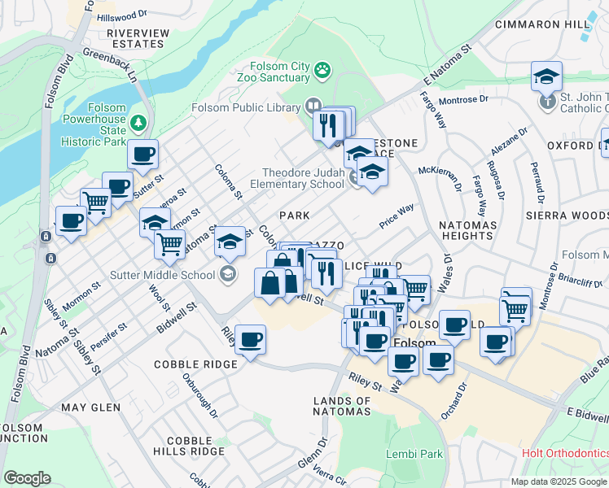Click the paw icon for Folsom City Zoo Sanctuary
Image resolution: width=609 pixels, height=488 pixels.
pyautogui.click(x=323, y=70)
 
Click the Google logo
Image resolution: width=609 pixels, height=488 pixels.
pyautogui.click(x=28, y=477)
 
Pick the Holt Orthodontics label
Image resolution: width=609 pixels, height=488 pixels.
pyautogui.click(x=565, y=453)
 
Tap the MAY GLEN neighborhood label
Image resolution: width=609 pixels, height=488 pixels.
pyautogui.click(x=90, y=407)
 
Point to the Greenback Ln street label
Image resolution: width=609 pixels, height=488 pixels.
pyautogui.click(x=107, y=67)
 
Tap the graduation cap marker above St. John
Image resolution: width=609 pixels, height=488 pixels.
pyautogui.click(x=546, y=78)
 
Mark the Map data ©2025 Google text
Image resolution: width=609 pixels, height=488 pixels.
pyautogui.click(x=559, y=481)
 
